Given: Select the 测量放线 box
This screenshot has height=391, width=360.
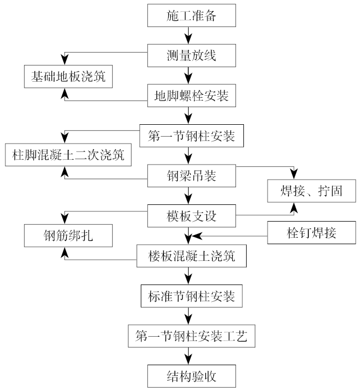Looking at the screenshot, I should tap(191, 55).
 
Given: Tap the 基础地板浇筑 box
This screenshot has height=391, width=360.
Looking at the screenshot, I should tap(68, 76).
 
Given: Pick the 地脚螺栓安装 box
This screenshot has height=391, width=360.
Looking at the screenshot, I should tap(191, 96).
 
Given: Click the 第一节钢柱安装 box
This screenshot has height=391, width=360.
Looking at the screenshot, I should tap(191, 136).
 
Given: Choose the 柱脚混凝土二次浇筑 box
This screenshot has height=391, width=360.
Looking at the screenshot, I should tap(68, 155).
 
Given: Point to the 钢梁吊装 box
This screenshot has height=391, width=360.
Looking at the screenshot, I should tap(191, 175).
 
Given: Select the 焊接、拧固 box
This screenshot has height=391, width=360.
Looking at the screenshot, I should tap(312, 190).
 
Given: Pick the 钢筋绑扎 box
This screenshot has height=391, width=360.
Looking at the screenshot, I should tap(68, 236).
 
